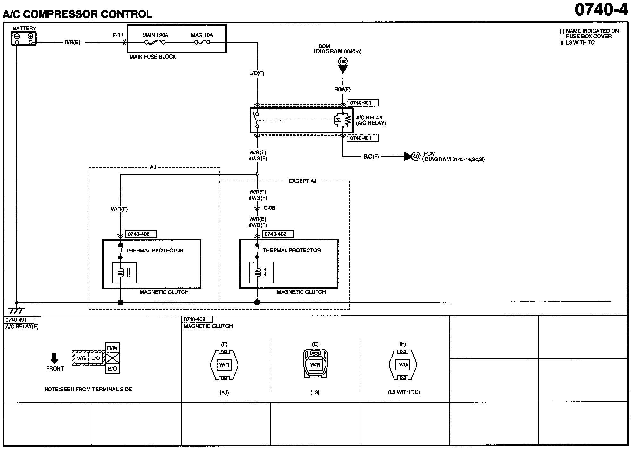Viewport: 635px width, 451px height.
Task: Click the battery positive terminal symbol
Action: pyautogui.click(x=30, y=36)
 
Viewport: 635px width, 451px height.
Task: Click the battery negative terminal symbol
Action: pyautogui.click(x=17, y=36)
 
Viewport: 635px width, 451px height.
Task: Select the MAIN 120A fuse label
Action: pyautogui.click(x=155, y=35)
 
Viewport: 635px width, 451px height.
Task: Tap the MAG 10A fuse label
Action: pyautogui.click(x=202, y=35)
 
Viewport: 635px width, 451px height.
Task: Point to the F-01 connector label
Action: pyautogui.click(x=117, y=35)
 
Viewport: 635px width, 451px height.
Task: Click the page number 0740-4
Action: pyautogui.click(x=601, y=10)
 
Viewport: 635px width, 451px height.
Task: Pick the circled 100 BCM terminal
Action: pyautogui.click(x=343, y=61)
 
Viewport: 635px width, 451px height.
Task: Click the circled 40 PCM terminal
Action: pyautogui.click(x=416, y=157)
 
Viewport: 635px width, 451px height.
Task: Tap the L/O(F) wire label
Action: pyautogui.click(x=257, y=73)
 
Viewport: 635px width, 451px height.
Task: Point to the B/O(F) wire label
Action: pyautogui.click(x=371, y=157)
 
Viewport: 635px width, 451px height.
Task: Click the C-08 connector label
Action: pyautogui.click(x=269, y=208)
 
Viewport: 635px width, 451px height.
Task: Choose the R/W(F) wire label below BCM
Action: pyautogui.click(x=343, y=90)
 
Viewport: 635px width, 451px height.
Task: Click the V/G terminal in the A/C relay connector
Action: pyautogui.click(x=81, y=358)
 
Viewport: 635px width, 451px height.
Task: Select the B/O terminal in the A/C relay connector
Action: pyautogui.click(x=112, y=369)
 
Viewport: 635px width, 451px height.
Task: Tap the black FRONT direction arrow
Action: pyautogui.click(x=55, y=358)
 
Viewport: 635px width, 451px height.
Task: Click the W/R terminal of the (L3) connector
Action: pyautogui.click(x=315, y=365)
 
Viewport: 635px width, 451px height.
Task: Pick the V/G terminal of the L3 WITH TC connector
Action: pyautogui.click(x=403, y=365)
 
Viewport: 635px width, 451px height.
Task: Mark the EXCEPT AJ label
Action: pyautogui.click(x=302, y=181)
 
